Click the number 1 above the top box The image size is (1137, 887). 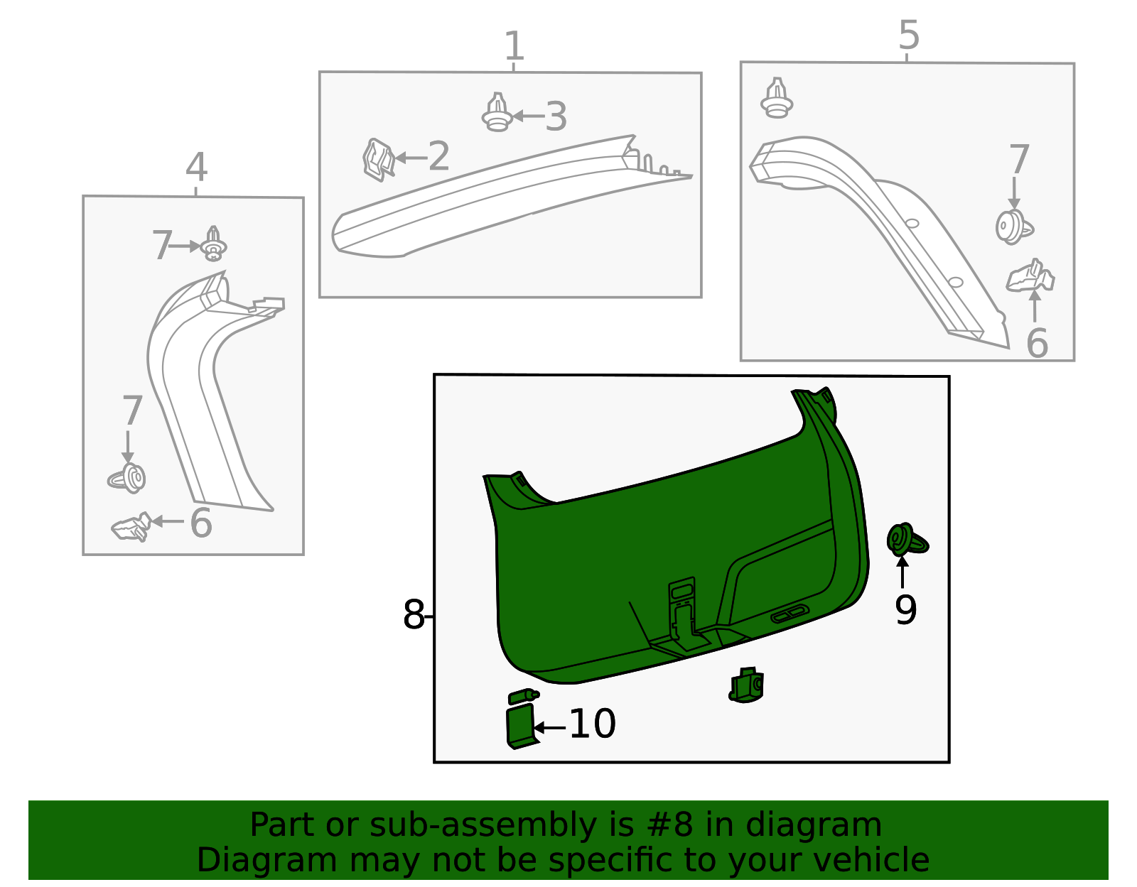tap(514, 47)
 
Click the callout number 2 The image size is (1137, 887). tap(438, 156)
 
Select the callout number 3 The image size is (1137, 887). tap(556, 117)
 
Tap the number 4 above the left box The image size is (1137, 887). tap(196, 168)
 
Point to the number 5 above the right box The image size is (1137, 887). tap(909, 35)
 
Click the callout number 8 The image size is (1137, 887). tap(413, 615)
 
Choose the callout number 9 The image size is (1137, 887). tap(905, 609)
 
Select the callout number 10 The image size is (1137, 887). tap(592, 724)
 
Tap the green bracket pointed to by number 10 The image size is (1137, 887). tap(521, 726)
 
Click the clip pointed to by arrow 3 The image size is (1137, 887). tap(497, 114)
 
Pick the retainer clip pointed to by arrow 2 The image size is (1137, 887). tap(379, 160)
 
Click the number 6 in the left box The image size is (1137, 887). tap(201, 523)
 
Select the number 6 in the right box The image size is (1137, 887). tap(1037, 344)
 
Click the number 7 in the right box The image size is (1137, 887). tap(1019, 160)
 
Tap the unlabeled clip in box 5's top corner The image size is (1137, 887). tap(777, 99)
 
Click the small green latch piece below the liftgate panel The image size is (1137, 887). tap(747, 685)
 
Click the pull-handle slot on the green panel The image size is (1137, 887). tap(790, 614)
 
